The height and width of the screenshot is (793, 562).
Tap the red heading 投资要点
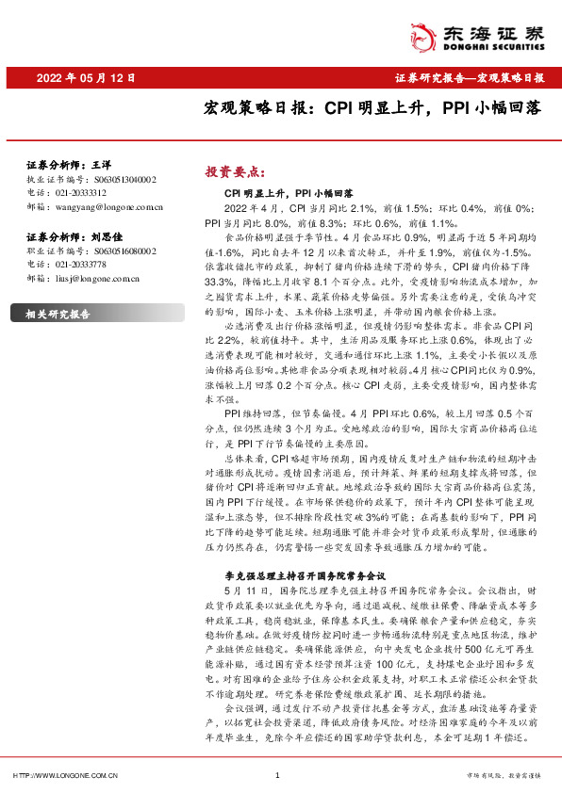coord(231,171)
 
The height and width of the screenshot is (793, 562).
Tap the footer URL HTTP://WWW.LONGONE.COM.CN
coord(63,775)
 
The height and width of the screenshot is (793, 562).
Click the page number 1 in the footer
coord(276,775)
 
